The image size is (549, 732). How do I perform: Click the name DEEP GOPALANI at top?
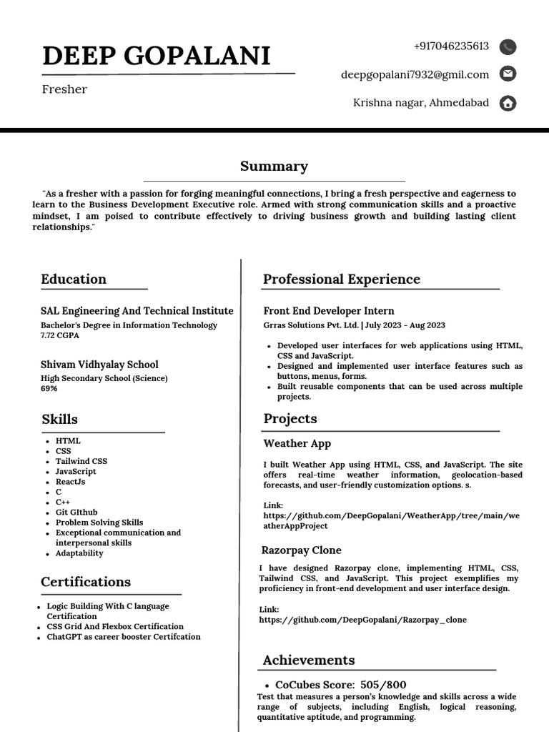157,56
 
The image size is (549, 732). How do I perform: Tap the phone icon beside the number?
508,47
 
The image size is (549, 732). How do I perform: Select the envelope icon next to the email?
508,74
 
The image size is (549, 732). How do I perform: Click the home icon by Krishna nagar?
508,103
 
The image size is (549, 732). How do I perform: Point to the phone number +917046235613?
451,46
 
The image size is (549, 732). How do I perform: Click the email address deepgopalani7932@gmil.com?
415,74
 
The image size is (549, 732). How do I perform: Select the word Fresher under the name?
64,89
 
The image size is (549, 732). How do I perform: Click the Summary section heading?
274,167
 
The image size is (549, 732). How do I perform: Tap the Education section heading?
74,279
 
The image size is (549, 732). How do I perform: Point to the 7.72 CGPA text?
60,335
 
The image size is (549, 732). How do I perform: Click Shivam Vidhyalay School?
99,365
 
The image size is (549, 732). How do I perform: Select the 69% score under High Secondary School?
49,389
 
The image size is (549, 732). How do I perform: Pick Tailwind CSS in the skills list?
81,461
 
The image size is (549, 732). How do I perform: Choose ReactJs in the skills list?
71,482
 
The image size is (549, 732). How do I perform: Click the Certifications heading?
86,582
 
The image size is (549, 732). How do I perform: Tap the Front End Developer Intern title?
329,311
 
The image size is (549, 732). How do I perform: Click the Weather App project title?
297,443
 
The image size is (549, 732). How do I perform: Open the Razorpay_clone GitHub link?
362,620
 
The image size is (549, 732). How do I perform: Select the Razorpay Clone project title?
301,550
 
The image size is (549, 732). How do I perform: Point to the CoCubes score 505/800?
383,685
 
